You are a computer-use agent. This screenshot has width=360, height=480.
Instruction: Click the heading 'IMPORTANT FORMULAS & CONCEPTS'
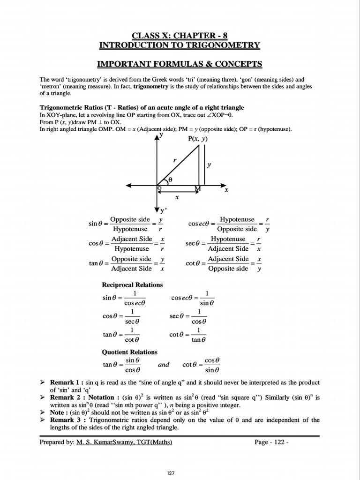click(180, 64)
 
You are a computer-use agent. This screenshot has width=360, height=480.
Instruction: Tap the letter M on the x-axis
click(198, 188)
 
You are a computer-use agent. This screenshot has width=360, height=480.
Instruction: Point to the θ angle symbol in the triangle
click(170, 179)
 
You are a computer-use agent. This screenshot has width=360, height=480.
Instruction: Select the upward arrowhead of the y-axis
click(156, 136)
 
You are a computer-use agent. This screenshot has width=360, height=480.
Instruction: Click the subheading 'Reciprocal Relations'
click(132, 285)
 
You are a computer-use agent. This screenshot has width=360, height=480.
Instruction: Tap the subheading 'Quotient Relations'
click(130, 352)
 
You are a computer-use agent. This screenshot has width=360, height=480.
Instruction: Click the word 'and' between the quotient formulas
click(164, 365)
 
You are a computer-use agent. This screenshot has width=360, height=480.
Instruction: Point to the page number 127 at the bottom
click(171, 473)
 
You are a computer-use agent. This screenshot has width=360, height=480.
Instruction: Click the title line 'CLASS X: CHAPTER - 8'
click(180, 35)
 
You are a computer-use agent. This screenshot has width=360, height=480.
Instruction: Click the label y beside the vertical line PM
click(210, 165)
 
